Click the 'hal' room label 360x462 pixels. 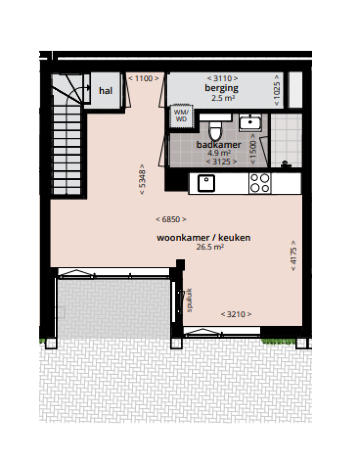click(105, 91)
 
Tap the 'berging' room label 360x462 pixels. click(221, 88)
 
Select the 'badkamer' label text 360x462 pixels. click(218, 145)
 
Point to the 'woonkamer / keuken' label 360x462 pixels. click(203, 238)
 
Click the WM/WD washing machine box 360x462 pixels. click(180, 115)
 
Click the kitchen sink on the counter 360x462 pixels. click(205, 183)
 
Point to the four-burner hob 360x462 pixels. click(260, 183)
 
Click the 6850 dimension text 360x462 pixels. click(171, 219)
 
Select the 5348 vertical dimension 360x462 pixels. click(142, 179)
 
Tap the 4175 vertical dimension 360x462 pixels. click(294, 256)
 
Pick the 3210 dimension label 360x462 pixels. click(236, 314)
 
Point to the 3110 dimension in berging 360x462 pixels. click(222, 78)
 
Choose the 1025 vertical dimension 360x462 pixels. click(277, 90)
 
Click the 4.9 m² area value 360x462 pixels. click(219, 153)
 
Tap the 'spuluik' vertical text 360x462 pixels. click(190, 300)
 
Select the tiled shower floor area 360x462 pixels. click(285, 138)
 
